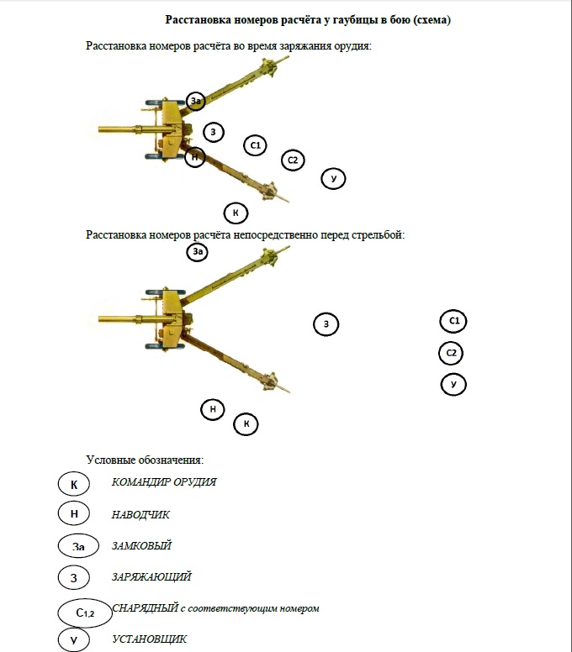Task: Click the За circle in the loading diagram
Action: point(197,101)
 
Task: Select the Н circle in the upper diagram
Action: point(195,156)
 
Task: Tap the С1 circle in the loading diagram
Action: point(256,145)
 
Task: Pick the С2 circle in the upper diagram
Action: point(293,160)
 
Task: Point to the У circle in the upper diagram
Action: point(334,178)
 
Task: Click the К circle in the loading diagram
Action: point(236,213)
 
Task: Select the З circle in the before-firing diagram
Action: point(326,323)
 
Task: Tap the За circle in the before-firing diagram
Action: point(198,251)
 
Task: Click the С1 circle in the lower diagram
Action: point(453,321)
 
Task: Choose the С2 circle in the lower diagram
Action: point(452,353)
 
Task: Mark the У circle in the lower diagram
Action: point(453,385)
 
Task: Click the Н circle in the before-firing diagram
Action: point(214,409)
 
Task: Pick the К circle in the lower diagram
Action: point(246,424)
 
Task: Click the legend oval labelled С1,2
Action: point(84,613)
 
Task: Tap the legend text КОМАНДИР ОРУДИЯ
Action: point(164,482)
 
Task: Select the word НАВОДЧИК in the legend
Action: point(140,514)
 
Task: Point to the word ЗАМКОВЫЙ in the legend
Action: point(141,546)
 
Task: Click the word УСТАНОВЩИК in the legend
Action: point(150,639)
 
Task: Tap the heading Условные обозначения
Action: point(145,460)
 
